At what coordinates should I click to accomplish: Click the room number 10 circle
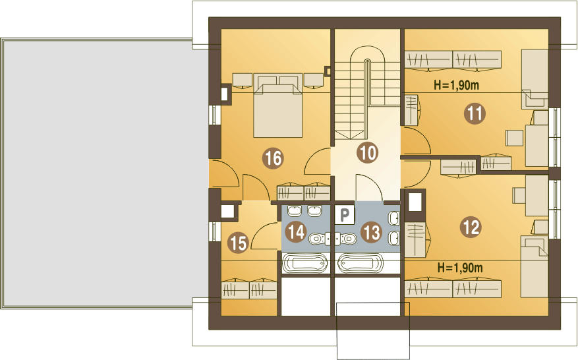point(368,152)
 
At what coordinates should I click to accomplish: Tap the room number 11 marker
point(475,113)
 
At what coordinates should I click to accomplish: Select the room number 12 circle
point(471,227)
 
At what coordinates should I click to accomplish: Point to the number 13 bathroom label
point(371,232)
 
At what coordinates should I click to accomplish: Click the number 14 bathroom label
point(297,232)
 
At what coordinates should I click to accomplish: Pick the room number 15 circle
point(238,243)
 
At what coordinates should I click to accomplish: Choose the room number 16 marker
point(273,158)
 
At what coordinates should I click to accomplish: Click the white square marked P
point(344,215)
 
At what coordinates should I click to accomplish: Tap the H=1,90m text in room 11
point(456,85)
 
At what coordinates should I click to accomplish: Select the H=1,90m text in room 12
point(459,268)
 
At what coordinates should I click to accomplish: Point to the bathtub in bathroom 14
point(305,264)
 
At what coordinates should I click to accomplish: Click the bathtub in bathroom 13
point(361,264)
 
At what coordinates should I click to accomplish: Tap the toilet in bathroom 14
point(319,239)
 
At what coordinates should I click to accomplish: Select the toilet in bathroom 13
point(346,239)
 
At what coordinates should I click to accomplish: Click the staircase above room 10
point(367,92)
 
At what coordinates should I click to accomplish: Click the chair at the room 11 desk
point(515,138)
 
